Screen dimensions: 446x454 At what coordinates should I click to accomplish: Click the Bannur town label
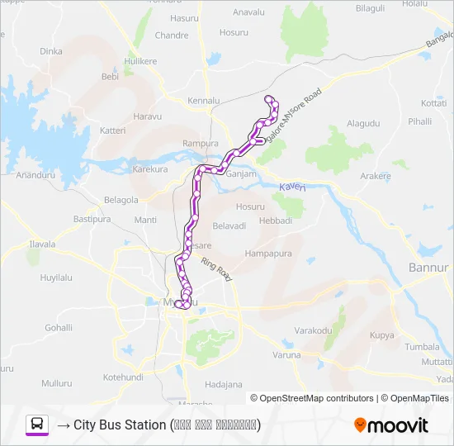click(428, 268)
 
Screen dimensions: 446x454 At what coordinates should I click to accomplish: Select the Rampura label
click(201, 143)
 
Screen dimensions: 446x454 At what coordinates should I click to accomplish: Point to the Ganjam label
click(241, 174)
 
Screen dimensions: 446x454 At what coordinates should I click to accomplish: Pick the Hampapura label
click(265, 253)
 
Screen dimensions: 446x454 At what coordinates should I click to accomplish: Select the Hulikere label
click(140, 61)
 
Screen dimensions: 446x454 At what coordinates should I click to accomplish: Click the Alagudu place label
click(363, 123)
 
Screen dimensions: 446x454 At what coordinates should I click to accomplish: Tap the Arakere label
click(375, 176)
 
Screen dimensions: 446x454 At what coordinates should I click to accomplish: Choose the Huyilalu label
click(57, 278)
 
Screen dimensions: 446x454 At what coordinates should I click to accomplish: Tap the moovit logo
click(391, 425)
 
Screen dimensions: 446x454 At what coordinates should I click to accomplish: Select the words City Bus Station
click(119, 425)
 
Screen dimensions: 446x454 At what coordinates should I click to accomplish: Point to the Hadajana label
click(224, 384)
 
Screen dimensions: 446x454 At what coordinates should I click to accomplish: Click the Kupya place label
click(381, 335)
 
